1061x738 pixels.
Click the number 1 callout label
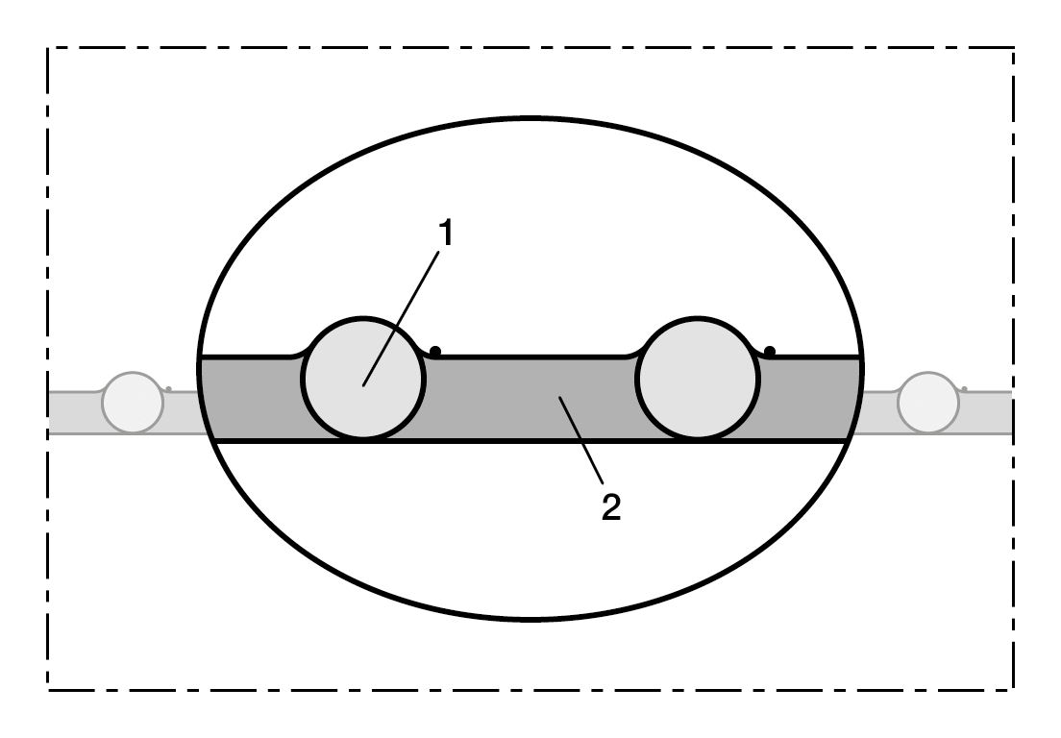445,233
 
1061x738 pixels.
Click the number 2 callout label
611,507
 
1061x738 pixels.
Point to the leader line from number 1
402,319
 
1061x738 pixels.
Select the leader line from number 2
580,440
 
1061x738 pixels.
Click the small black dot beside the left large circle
435,351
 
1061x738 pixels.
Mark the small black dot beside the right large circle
770,351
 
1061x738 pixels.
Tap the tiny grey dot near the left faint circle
169,389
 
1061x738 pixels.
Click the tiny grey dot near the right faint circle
964,389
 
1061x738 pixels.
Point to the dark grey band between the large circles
530,399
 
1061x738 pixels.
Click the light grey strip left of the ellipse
74,412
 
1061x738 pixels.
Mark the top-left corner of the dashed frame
48,48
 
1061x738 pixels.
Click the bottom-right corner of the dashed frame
1013,690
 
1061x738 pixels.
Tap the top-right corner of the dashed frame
1013,48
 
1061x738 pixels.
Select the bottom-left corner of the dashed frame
48,690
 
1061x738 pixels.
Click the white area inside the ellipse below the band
530,528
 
